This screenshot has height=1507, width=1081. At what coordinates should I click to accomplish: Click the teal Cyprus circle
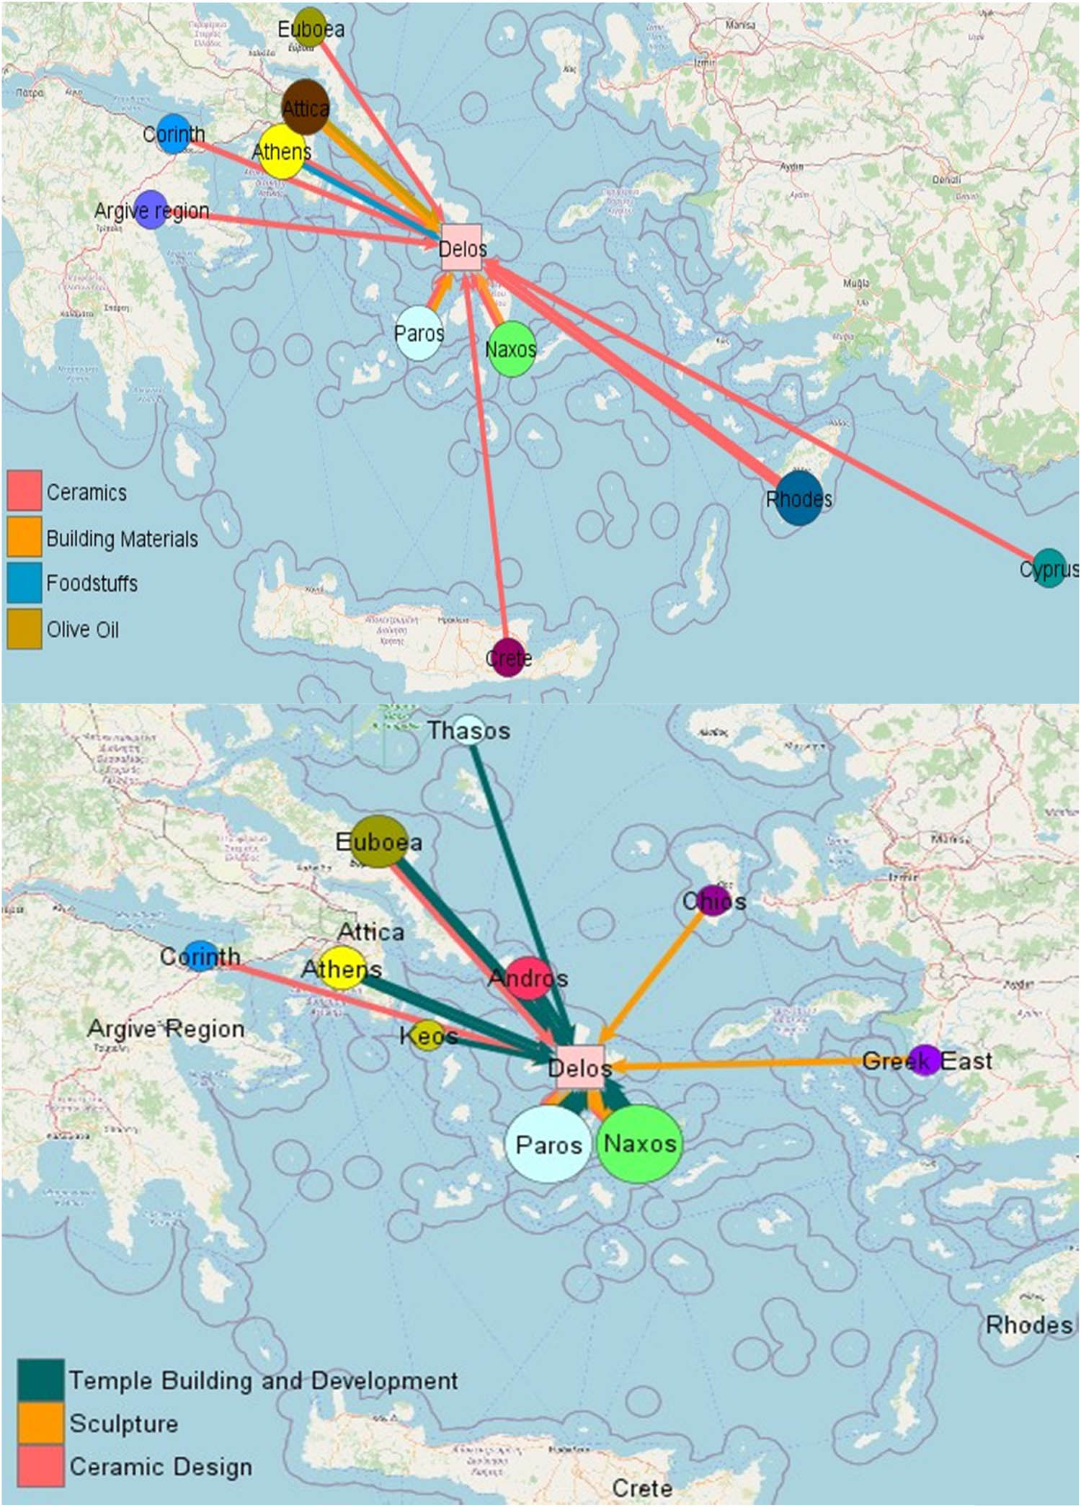pos(1048,568)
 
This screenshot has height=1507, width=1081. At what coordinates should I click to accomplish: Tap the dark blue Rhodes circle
pos(799,498)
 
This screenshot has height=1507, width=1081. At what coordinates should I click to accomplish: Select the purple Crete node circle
pos(509,657)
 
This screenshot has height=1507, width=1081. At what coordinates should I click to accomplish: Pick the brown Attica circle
pos(306,107)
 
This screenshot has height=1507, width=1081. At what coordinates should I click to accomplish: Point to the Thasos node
pos(469,730)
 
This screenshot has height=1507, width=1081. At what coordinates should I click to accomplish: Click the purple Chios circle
pos(713,900)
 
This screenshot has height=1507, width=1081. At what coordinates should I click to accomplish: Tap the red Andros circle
pos(529,978)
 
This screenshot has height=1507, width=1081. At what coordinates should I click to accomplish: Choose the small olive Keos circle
pos(428,1036)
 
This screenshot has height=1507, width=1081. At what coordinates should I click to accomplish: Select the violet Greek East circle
pos(925,1060)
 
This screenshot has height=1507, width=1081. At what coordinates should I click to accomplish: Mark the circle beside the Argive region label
pos(151,210)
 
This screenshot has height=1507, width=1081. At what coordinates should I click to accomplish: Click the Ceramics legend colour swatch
pos(25,491)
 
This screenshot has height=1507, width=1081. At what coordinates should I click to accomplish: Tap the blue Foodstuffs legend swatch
pos(25,582)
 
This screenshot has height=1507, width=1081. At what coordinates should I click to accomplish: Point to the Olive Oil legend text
pos(83,630)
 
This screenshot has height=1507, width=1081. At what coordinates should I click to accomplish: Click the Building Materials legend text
pos(122,539)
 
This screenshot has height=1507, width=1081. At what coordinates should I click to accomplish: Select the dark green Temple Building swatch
pos(40,1379)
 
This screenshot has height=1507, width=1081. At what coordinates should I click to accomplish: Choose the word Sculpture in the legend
pos(123,1423)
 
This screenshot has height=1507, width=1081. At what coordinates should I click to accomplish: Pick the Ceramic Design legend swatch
pos(40,1466)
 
